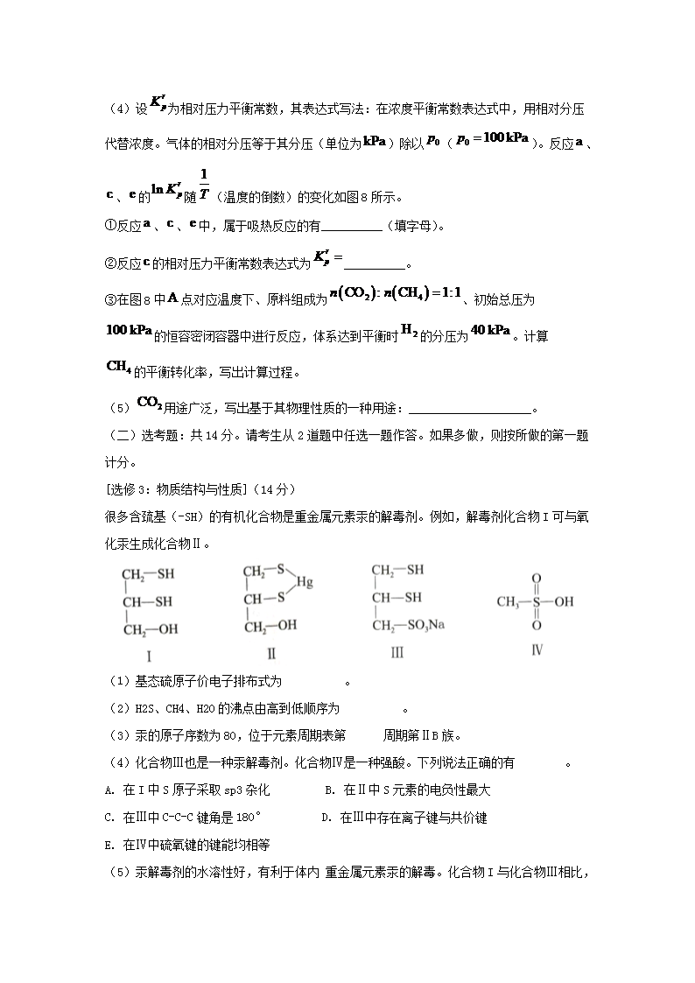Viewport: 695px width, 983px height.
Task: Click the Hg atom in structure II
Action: click(x=304, y=581)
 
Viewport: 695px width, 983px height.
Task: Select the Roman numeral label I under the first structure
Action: click(x=149, y=656)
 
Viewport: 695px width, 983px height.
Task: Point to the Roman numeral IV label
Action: click(x=537, y=649)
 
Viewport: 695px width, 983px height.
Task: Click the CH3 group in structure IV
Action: click(x=508, y=602)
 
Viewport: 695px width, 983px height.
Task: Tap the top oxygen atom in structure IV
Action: click(x=537, y=579)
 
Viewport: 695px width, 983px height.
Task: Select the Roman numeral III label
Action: click(x=397, y=653)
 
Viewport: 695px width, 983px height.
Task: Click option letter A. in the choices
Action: click(x=109, y=790)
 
